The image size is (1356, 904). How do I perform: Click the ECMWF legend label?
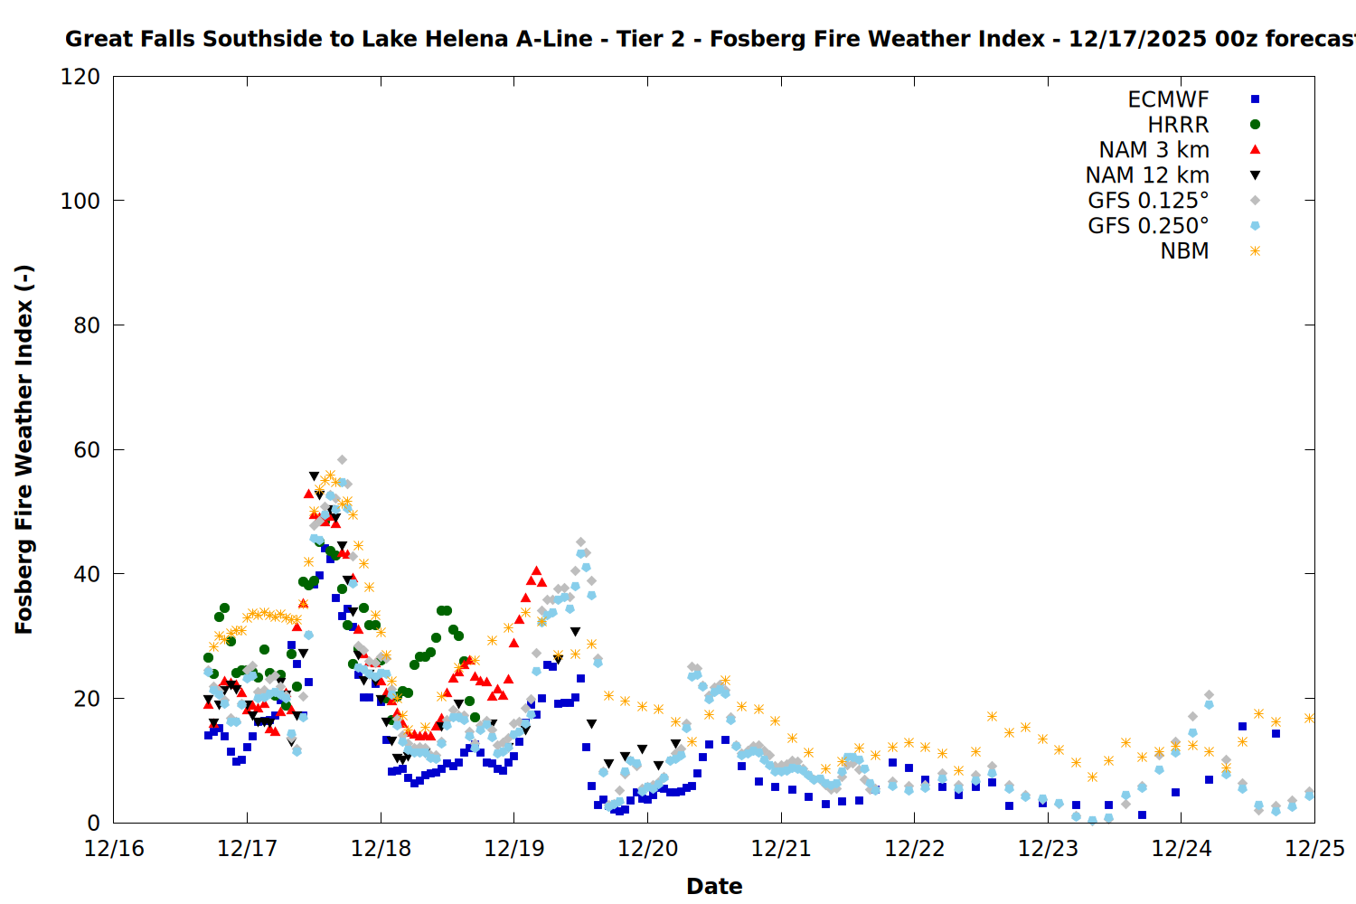coord(1168,99)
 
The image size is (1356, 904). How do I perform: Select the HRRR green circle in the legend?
coord(1255,125)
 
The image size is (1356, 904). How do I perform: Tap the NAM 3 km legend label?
coord(1154,150)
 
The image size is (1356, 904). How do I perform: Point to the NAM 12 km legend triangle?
coord(1255,175)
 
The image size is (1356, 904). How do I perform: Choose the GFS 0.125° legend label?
coord(1148,201)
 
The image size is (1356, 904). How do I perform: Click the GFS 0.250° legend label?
coord(1148,226)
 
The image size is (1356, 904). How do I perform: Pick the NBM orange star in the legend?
coord(1255,251)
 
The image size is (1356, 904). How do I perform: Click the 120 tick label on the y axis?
coord(80,77)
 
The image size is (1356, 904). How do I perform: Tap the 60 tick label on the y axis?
coord(87,450)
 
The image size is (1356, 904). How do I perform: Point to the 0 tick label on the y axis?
coord(94,823)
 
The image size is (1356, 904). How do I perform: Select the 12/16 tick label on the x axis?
coord(114,849)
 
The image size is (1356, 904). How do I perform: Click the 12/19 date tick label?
coord(514,849)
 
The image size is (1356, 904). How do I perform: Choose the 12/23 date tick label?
coord(1048,849)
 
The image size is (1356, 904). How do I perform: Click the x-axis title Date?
coord(714,886)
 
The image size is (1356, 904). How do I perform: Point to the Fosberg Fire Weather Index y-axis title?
coord(24,449)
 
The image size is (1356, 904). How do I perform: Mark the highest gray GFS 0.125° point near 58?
coord(342,460)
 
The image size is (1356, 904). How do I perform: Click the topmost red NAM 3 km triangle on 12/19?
coord(536,570)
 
